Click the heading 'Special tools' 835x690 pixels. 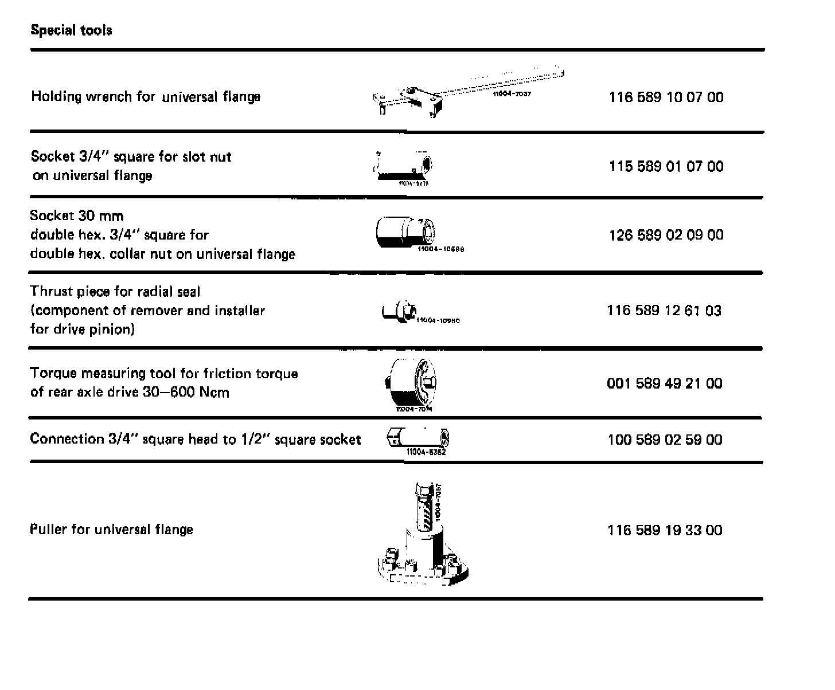click(x=71, y=30)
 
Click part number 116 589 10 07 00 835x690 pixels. click(x=666, y=97)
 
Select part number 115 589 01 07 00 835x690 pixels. click(x=666, y=166)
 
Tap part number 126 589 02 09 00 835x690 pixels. click(x=666, y=235)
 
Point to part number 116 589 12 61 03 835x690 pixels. click(x=664, y=311)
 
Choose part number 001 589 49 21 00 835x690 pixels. click(x=664, y=383)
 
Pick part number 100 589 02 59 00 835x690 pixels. click(x=665, y=440)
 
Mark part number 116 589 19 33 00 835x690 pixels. click(x=665, y=530)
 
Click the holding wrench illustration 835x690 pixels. click(x=459, y=95)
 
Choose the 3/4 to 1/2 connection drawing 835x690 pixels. click(x=419, y=440)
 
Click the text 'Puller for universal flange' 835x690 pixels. click(x=111, y=529)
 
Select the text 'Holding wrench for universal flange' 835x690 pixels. click(x=146, y=97)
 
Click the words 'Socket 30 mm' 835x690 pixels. click(x=77, y=216)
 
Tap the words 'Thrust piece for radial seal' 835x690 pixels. click(x=115, y=292)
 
